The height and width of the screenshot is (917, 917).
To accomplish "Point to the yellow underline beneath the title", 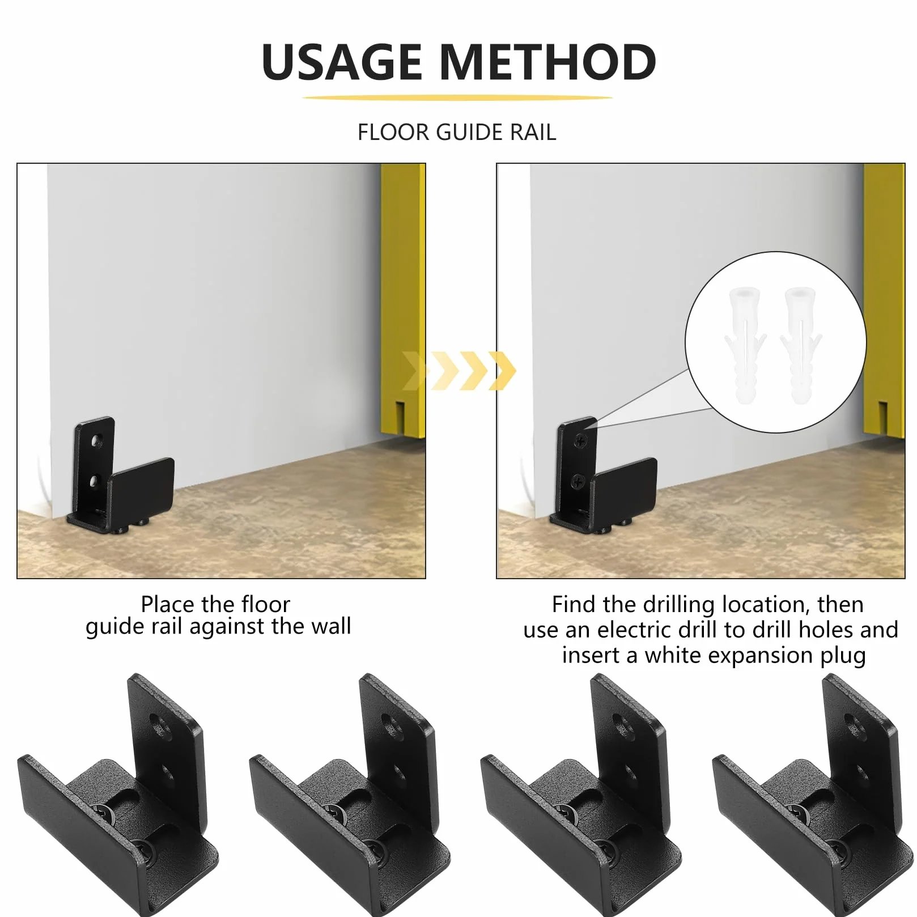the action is pos(457,98).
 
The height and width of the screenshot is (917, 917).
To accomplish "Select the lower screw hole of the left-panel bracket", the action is pos(97,483).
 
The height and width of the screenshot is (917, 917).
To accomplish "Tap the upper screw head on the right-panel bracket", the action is pos(580,440).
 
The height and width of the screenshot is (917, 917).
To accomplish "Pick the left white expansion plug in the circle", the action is pos(745,345).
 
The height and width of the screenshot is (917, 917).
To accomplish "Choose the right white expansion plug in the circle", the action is pos(800,345).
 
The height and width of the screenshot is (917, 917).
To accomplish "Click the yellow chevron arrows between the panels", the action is pos(459,371).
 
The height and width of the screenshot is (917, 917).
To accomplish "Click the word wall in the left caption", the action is pos(330,626).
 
